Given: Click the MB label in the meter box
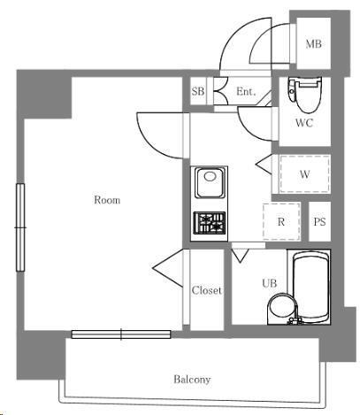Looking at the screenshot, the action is pyautogui.click(x=313, y=44).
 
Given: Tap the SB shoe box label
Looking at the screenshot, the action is pyautogui.click(x=198, y=91).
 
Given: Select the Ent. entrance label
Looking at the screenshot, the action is pyautogui.click(x=246, y=91).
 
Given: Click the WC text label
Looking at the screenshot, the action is pyautogui.click(x=304, y=123).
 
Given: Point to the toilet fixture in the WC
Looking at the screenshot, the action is pyautogui.click(x=305, y=95).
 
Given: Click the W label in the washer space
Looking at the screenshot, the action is pyautogui.click(x=304, y=174).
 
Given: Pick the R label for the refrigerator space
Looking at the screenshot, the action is pyautogui.click(x=281, y=221).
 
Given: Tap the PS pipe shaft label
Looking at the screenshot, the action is pyautogui.click(x=319, y=221).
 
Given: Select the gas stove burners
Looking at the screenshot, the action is pyautogui.click(x=210, y=223).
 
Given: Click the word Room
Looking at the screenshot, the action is pyautogui.click(x=107, y=200).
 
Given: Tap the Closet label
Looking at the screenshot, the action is pyautogui.click(x=207, y=290).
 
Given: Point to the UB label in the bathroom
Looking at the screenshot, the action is pyautogui.click(x=270, y=283).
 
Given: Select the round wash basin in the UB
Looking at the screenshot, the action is pyautogui.click(x=281, y=307).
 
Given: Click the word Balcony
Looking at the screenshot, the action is pyautogui.click(x=192, y=379).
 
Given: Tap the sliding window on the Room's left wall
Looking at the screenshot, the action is pyautogui.click(x=20, y=227).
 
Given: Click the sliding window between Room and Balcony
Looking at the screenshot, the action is pyautogui.click(x=121, y=334).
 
